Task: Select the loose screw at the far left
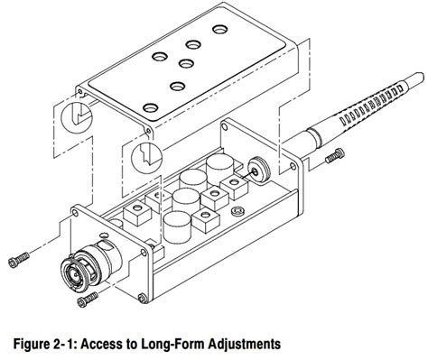[x=19, y=260]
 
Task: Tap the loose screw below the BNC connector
[x=88, y=300]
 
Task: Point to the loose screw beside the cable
[x=335, y=155]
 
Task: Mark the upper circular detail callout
[x=77, y=116]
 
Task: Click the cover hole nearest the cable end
[x=220, y=29]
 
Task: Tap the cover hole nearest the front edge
[x=150, y=107]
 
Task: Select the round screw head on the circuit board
[x=237, y=211]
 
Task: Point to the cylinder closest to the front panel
[x=178, y=227]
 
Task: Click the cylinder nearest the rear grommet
[x=219, y=169]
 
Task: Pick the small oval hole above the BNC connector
[x=104, y=235]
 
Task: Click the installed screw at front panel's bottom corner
[x=142, y=298]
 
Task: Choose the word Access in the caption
[x=101, y=344]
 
